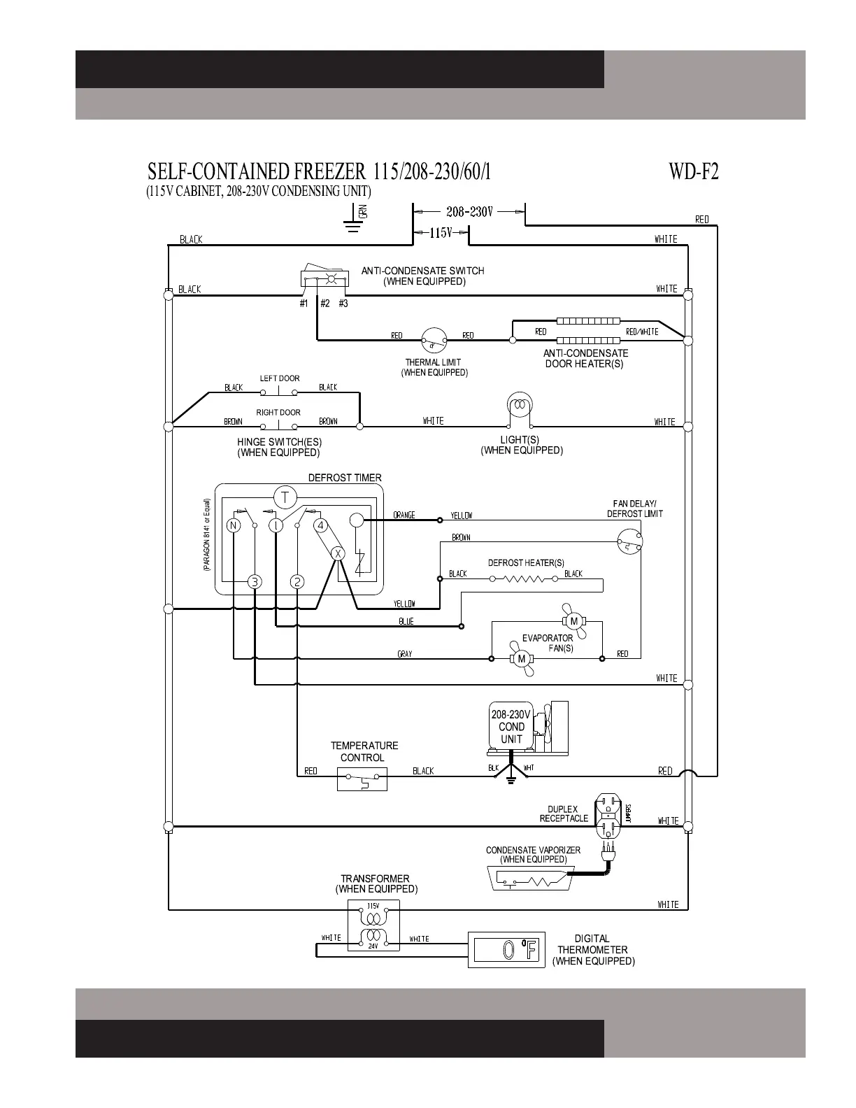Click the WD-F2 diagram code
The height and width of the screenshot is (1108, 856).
tap(693, 172)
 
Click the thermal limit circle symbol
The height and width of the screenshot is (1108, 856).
tap(433, 341)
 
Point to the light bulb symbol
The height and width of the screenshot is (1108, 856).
tap(520, 406)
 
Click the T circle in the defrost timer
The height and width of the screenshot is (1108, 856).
tap(285, 497)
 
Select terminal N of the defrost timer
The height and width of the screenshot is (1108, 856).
tap(234, 525)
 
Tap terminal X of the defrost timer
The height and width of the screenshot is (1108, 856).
tap(338, 553)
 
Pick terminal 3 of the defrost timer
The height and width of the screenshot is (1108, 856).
tap(255, 581)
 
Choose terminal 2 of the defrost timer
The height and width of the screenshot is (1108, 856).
tap(297, 581)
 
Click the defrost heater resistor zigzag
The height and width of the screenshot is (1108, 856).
tap(525, 578)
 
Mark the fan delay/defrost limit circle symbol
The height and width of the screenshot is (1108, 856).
tap(629, 540)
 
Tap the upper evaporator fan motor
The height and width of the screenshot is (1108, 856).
tap(574, 620)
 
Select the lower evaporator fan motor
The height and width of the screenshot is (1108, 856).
tap(521, 659)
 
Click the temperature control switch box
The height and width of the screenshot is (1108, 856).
tap(362, 779)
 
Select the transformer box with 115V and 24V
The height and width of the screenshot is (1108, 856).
tap(373, 925)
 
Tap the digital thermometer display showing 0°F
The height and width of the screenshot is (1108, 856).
tap(506, 949)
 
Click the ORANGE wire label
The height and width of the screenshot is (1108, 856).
tap(404, 516)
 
